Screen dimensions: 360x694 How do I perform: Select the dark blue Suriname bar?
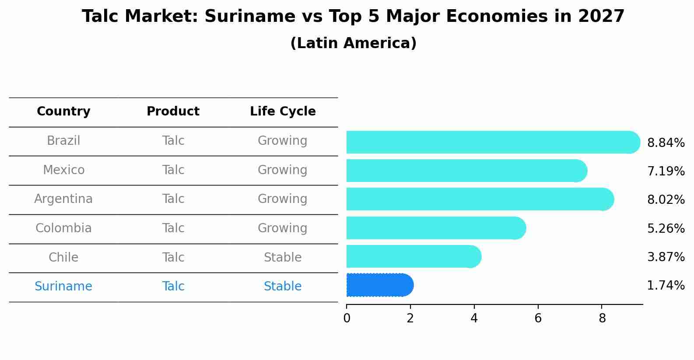click(379, 285)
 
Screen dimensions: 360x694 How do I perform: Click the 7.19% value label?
click(666, 171)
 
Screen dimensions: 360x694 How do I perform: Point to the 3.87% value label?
click(666, 257)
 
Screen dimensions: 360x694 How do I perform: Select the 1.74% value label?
click(666, 286)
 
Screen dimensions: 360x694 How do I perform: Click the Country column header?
click(63, 112)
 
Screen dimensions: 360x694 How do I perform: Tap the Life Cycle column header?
click(283, 112)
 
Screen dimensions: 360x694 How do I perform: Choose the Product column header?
click(173, 112)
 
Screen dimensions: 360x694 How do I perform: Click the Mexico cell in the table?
click(63, 170)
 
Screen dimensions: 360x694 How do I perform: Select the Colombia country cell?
click(63, 228)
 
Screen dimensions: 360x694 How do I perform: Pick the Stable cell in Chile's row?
click(283, 257)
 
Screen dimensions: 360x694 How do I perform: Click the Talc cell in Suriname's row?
click(173, 286)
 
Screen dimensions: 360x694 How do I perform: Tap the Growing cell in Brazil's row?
click(283, 140)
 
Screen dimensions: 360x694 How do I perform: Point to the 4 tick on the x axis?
click(474, 318)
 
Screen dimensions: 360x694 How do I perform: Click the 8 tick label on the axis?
click(602, 318)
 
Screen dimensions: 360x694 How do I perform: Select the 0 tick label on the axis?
click(347, 318)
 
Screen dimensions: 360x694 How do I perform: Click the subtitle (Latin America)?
click(353, 43)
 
